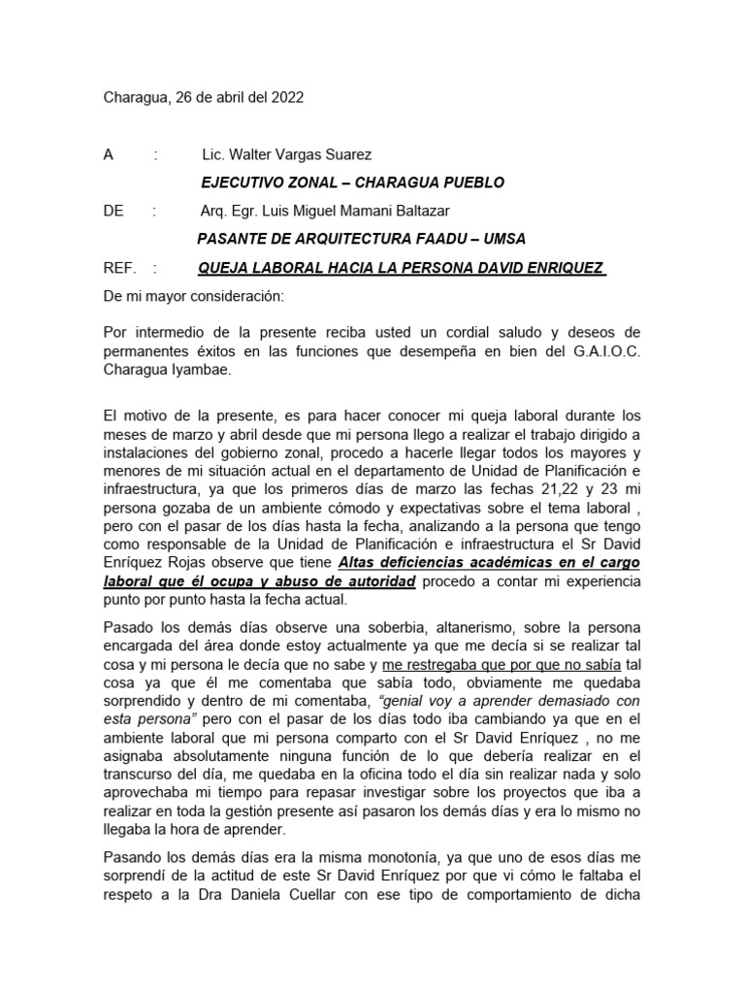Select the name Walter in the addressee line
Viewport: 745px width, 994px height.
point(251,154)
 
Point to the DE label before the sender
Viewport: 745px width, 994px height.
point(114,211)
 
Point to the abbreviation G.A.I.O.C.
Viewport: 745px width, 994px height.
point(599,351)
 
